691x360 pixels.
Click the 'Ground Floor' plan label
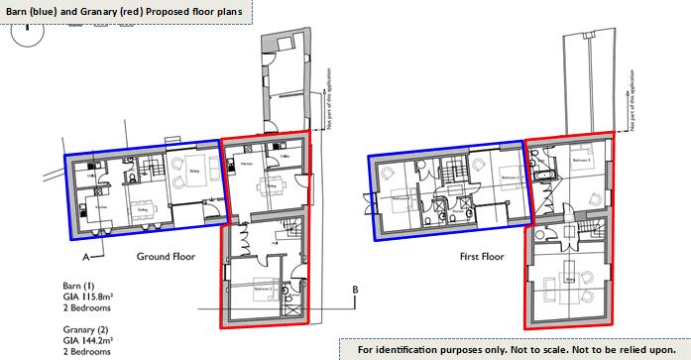click(165, 256)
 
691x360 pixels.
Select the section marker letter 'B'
click(354, 290)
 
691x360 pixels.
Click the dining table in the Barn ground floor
click(141, 206)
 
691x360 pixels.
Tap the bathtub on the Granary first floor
click(542, 178)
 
